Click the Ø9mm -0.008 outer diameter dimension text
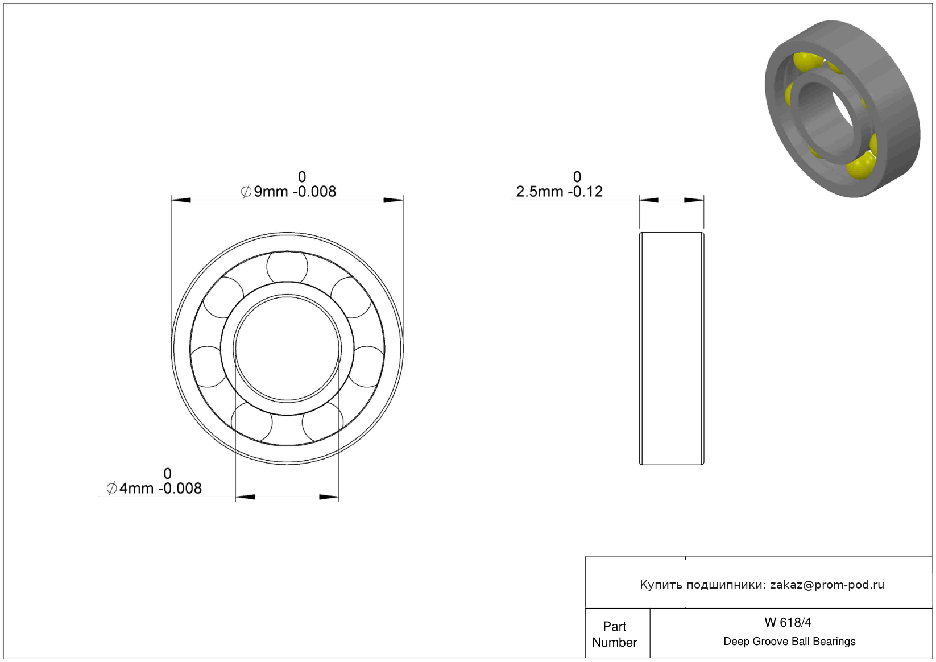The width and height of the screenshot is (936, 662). (288, 192)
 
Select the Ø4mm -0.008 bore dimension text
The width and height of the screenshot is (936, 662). (154, 488)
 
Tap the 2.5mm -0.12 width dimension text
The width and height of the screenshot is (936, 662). (559, 192)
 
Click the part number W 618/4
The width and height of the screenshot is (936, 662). (788, 622)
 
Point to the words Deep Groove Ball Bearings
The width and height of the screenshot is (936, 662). (789, 641)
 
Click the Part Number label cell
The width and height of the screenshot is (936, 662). (614, 634)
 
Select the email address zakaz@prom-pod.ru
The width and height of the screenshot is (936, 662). (827, 585)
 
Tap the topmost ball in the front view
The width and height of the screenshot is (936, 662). (287, 267)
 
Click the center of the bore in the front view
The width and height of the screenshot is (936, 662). (287, 349)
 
